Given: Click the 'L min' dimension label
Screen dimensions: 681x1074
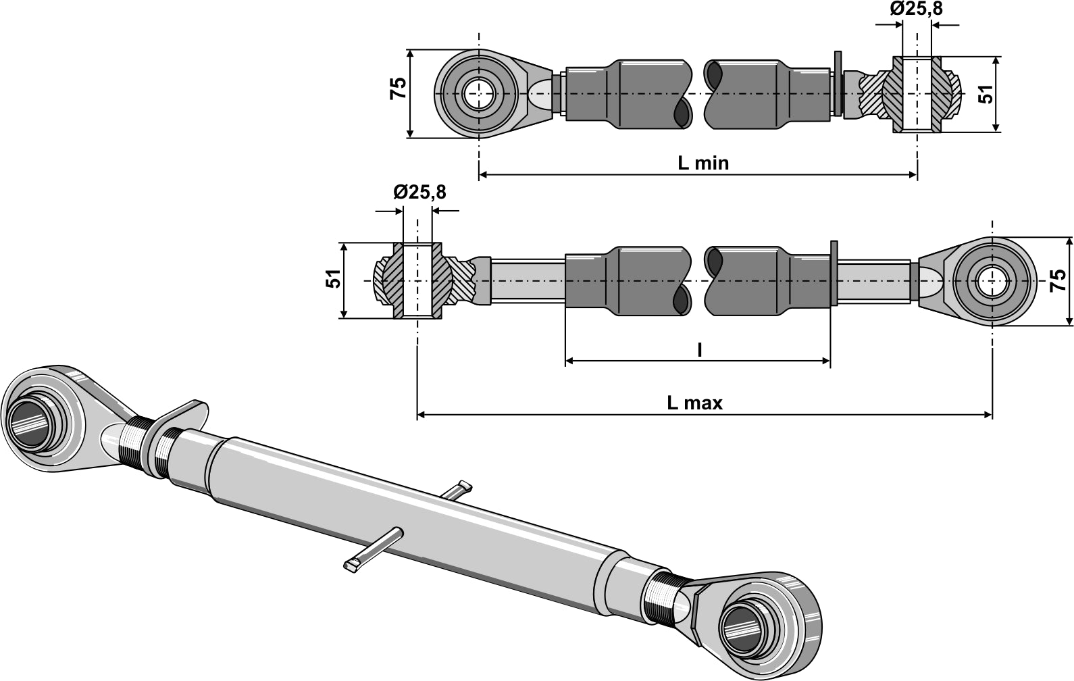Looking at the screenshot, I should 702,163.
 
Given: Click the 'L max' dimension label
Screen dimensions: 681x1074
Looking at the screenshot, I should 694,403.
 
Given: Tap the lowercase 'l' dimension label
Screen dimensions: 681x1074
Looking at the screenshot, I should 699,349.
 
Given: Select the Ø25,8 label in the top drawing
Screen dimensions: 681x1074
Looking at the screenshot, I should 916,9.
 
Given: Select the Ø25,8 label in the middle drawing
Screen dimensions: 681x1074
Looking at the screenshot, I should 419,193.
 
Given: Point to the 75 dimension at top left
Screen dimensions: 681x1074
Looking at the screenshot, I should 399,89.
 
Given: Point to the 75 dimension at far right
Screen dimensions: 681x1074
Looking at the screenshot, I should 1058,280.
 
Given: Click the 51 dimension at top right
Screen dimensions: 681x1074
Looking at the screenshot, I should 987,94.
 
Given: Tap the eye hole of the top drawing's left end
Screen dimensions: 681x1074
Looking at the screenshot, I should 479,93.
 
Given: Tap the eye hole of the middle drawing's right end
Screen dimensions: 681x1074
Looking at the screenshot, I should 992,280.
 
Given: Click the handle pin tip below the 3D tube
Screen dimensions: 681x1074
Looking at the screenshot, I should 354,565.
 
